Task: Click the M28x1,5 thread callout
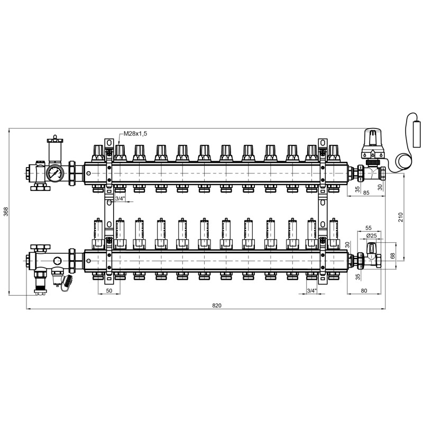pos(135,134)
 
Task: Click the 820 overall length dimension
pos(217,306)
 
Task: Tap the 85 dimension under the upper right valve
pos(366,192)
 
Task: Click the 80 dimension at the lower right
pos(364,290)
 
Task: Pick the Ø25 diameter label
pos(372,235)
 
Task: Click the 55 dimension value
pos(368,228)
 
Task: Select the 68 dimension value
pos(393,255)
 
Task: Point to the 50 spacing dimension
pos(109,290)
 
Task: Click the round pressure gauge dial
pos(55,173)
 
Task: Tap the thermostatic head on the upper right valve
pos(373,143)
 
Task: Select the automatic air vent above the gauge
pos(56,150)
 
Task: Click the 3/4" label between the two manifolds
pos(121,199)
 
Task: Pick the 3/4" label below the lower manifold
pos(312,290)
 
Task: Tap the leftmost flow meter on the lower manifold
pos(98,233)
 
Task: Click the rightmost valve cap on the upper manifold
pos(334,153)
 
